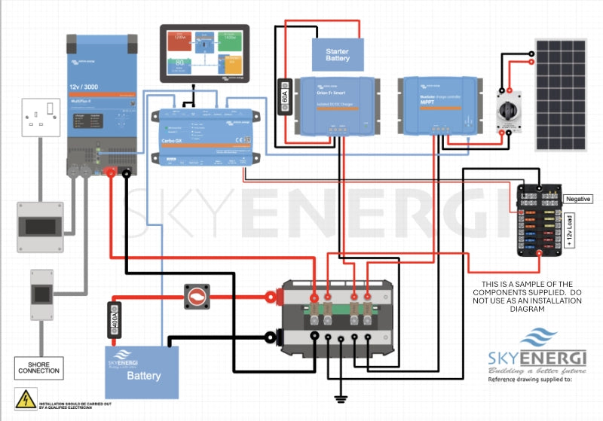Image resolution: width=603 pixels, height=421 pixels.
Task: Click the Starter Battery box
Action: tap(338, 54)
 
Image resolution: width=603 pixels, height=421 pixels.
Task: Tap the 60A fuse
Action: tap(285, 96)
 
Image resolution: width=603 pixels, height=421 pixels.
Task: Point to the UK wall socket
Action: tap(40, 117)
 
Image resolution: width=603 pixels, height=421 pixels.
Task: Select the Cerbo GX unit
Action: tap(203, 136)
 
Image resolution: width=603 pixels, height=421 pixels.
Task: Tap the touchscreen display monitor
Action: tap(204, 53)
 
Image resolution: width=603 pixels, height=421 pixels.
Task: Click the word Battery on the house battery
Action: tap(143, 375)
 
